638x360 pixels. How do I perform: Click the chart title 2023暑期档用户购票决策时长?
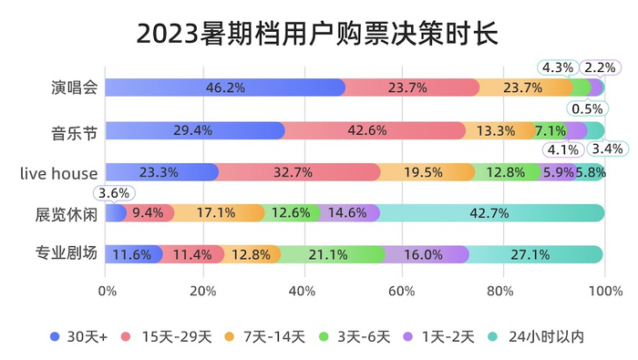point(318,34)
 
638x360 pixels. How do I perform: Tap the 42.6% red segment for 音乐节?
point(373,130)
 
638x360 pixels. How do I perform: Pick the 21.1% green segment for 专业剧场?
point(333,254)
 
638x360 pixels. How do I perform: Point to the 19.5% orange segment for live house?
point(426,171)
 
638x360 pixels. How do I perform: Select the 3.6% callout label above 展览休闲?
point(114,192)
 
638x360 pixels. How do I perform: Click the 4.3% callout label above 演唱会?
point(557,67)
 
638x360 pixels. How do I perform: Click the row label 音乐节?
point(71,130)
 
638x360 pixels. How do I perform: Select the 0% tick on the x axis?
point(107,292)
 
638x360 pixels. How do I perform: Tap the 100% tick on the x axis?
point(604,292)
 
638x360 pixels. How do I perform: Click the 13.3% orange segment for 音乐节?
point(496,130)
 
